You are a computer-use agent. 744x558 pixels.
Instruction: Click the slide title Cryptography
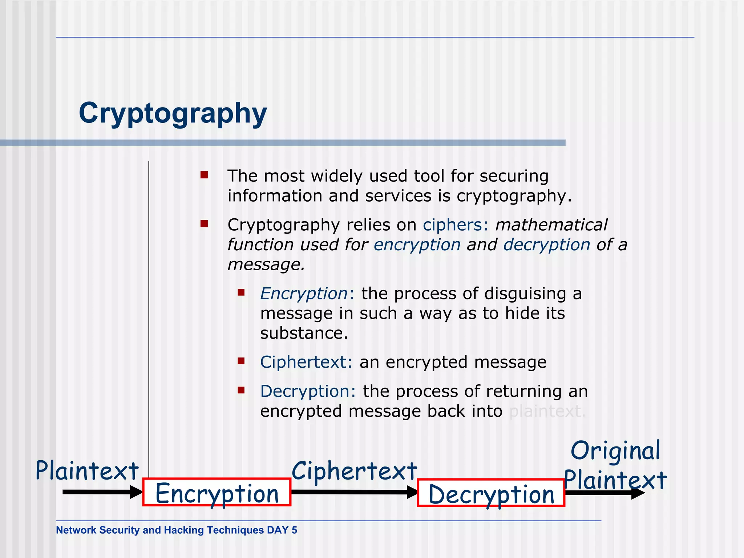(x=173, y=113)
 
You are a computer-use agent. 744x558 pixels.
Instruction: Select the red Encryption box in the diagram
(x=217, y=493)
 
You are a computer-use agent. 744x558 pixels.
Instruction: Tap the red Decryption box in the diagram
(x=491, y=493)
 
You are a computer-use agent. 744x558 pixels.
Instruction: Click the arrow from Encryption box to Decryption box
(x=354, y=492)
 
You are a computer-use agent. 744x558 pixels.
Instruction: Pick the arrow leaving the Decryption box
(x=605, y=493)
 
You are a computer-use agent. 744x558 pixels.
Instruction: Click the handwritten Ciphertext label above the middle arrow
(x=354, y=471)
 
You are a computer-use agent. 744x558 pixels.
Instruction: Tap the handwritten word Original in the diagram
(x=615, y=451)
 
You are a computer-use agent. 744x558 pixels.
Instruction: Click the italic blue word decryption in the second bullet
(x=546, y=244)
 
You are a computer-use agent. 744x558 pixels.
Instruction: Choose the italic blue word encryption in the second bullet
(x=417, y=244)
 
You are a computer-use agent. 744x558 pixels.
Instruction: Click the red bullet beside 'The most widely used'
(x=204, y=175)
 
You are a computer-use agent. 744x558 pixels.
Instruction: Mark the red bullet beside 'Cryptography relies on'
(x=204, y=224)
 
